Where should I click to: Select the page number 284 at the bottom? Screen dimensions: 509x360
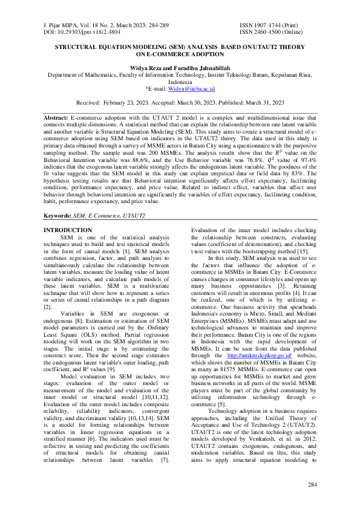pyautogui.click(x=312, y=485)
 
